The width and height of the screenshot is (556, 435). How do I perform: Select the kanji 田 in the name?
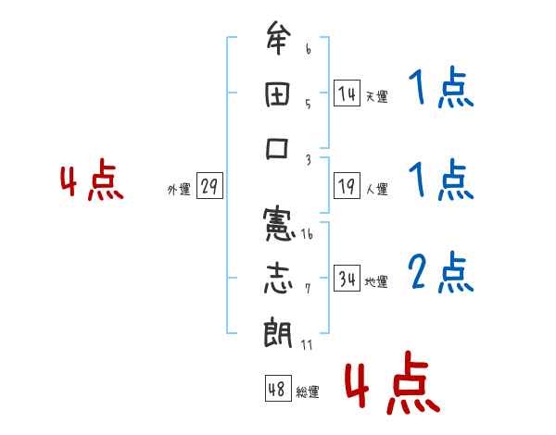(x=278, y=93)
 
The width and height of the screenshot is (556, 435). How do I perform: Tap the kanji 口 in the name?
(x=278, y=149)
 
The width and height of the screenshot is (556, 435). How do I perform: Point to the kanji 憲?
(x=278, y=223)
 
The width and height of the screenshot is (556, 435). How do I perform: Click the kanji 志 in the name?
(x=278, y=277)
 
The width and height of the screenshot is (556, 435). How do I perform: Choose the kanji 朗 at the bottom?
(x=278, y=331)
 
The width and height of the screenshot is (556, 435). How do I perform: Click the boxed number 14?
(x=347, y=93)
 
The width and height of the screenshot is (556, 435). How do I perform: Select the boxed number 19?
(x=347, y=186)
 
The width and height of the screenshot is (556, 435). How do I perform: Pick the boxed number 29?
(x=209, y=187)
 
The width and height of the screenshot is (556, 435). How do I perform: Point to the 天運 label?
(x=376, y=96)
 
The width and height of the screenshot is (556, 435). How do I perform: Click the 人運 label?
(x=376, y=189)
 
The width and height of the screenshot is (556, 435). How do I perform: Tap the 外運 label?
(x=179, y=189)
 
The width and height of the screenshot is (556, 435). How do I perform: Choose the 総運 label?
(x=308, y=391)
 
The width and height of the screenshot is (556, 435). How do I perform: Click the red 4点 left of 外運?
(x=91, y=182)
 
